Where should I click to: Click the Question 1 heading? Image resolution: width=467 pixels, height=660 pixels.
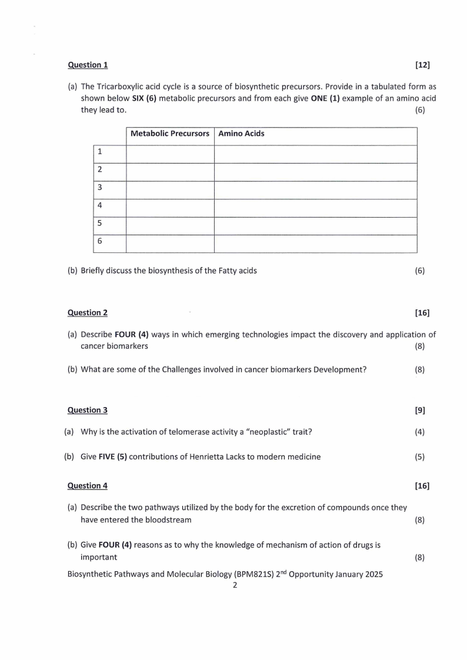[x=88, y=65]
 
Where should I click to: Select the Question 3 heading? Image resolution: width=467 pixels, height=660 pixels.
[x=88, y=410]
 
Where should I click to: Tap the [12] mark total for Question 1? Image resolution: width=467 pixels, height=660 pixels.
[x=422, y=65]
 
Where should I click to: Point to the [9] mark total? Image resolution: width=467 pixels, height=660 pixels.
[x=420, y=410]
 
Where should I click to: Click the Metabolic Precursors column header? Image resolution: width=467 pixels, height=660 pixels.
[x=170, y=134]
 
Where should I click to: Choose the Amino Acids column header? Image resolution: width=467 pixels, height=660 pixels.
[x=241, y=134]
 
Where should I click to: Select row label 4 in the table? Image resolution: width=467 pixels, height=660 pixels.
[x=100, y=205]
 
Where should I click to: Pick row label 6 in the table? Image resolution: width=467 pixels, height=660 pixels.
[x=100, y=241]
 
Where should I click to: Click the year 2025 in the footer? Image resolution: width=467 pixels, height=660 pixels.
[x=373, y=574]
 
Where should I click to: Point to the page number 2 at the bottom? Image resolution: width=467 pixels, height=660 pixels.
[x=235, y=585]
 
